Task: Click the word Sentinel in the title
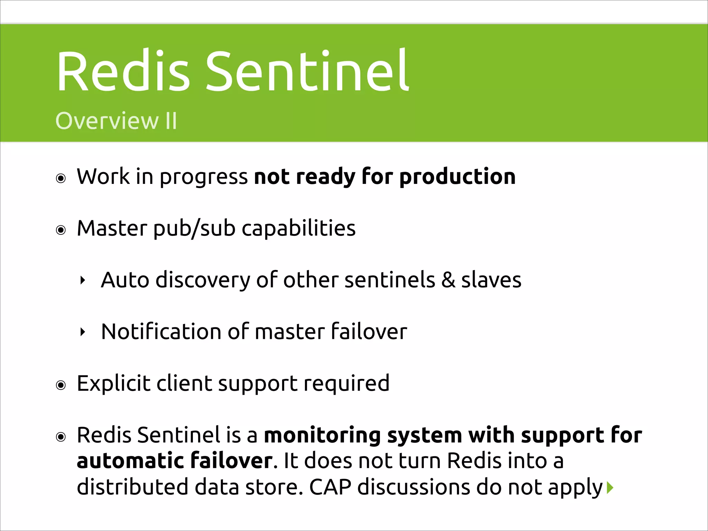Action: pos(307,72)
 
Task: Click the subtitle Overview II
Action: pos(116,121)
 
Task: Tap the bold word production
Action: pos(457,177)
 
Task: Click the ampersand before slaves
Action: pos(448,280)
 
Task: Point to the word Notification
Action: pos(161,332)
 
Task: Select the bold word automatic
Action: pos(130,461)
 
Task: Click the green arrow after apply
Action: pos(610,487)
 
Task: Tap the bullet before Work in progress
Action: pos(61,178)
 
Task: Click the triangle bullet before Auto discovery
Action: pos(82,280)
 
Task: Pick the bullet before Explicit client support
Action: pos(61,385)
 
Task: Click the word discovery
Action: pos(203,280)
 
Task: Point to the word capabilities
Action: pos(298,229)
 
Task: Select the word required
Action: pos(346,384)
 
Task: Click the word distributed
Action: pos(132,487)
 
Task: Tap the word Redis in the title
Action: pos(123,72)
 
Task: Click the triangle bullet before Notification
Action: pos(82,332)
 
